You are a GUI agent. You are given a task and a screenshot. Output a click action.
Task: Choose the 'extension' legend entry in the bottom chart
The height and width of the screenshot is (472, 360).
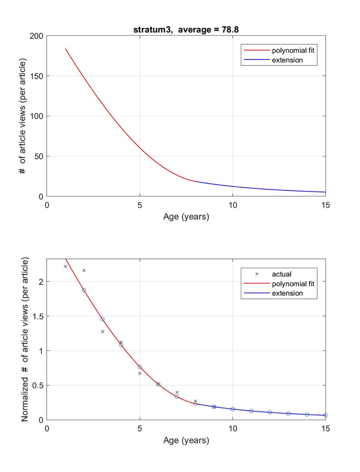[x=287, y=293]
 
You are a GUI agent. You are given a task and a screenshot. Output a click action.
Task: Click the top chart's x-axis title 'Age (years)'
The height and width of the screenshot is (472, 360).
[x=186, y=217]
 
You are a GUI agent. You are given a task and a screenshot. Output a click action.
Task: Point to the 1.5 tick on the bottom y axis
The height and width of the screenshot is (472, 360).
[x=38, y=316]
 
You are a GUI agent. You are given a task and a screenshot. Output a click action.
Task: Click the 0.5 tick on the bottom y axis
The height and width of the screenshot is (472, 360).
[x=38, y=385]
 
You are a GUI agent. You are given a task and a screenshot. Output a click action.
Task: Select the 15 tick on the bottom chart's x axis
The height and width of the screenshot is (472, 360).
[x=325, y=429]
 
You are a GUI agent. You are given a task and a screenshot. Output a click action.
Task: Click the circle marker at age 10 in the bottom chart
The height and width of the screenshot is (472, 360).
[x=232, y=409]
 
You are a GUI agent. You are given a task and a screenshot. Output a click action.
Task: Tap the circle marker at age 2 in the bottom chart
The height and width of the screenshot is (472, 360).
[x=84, y=290]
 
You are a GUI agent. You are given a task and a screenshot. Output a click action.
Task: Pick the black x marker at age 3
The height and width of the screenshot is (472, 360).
[x=102, y=332]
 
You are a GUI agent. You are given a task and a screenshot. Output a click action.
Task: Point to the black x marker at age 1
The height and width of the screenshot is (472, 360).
[x=65, y=266]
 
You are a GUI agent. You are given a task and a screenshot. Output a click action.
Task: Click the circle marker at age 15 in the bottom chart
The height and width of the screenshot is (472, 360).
[x=325, y=415]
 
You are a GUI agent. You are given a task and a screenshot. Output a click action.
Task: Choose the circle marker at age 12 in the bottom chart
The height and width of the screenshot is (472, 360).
[x=269, y=412]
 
